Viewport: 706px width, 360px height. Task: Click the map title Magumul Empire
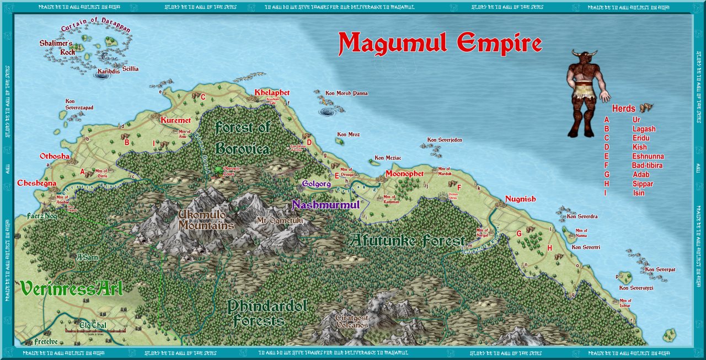click(440, 43)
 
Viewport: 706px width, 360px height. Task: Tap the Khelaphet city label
click(272, 93)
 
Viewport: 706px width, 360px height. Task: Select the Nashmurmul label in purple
click(326, 205)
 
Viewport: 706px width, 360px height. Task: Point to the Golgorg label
click(316, 183)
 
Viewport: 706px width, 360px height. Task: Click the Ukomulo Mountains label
click(206, 219)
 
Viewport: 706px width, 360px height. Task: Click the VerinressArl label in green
click(71, 288)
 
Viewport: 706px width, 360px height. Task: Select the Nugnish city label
click(520, 199)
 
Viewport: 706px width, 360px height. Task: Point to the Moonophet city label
click(404, 173)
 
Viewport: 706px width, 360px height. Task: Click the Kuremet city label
click(175, 120)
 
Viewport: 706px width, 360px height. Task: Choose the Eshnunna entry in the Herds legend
click(648, 156)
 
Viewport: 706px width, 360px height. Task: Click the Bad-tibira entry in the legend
click(648, 165)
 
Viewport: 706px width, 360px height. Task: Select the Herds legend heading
click(623, 109)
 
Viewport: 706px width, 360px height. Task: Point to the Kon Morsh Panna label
click(346, 93)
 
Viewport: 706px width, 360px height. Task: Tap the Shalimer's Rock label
click(56, 47)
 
